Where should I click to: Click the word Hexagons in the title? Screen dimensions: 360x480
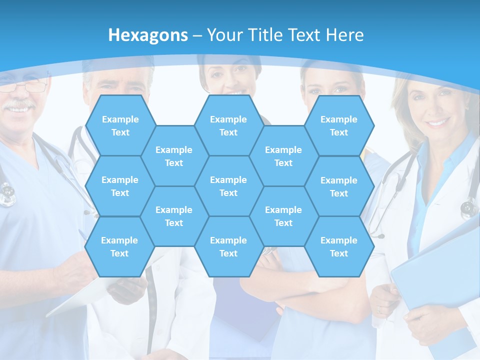tap(148, 35)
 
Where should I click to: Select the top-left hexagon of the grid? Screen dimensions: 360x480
tap(120, 125)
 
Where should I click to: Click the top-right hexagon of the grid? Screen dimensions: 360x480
tap(339, 125)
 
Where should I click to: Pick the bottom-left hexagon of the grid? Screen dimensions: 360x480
tap(119, 246)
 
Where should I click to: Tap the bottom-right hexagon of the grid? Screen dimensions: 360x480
tap(339, 246)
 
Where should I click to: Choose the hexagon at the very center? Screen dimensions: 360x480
tap(228, 186)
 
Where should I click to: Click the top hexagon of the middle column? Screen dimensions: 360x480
tap(228, 125)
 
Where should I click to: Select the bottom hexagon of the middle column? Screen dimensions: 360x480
tap(228, 246)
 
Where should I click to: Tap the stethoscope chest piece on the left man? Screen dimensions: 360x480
tap(7, 195)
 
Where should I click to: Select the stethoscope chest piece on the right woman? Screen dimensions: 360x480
tap(469, 207)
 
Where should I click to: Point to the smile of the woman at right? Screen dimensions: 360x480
tap(436, 122)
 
